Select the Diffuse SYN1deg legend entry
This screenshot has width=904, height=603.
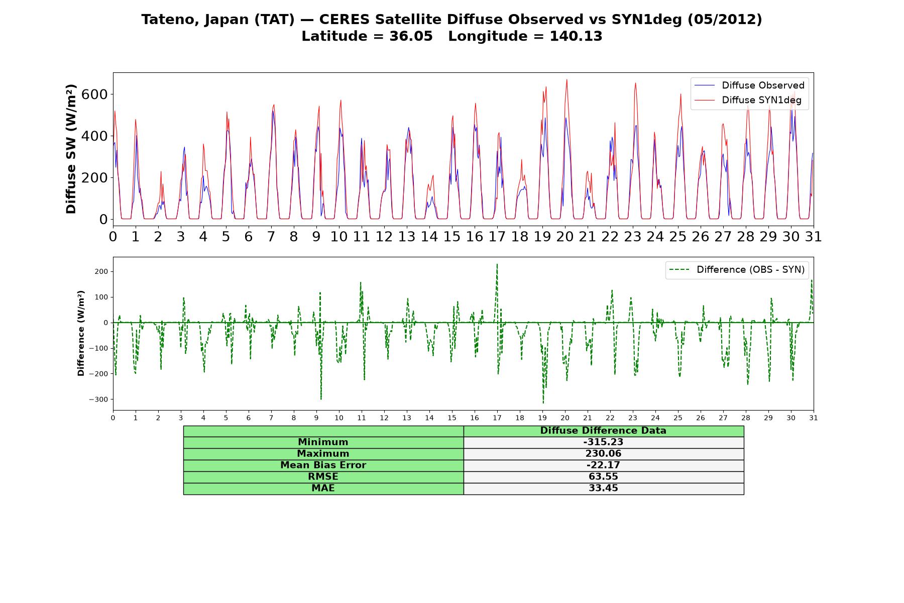click(x=748, y=100)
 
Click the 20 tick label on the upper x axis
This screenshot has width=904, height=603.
click(x=565, y=237)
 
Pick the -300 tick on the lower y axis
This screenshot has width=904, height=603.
click(x=99, y=399)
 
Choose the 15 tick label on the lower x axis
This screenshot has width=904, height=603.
click(x=452, y=418)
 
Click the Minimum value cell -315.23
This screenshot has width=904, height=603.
click(x=603, y=442)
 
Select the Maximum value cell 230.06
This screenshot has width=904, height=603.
click(x=603, y=454)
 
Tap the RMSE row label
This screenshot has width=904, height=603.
click(x=323, y=477)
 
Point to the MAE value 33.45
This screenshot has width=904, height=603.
click(x=603, y=488)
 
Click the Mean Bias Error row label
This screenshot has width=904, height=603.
click(x=323, y=465)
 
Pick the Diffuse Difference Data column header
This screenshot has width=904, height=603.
click(x=603, y=431)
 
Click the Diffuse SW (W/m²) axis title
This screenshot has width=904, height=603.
click(x=71, y=149)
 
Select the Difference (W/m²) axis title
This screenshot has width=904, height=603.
click(x=81, y=334)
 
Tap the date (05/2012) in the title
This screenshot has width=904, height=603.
click(x=725, y=20)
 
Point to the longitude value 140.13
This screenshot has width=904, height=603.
click(x=576, y=36)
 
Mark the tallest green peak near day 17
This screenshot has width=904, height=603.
click(x=497, y=264)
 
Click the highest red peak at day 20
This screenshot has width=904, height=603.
click(x=567, y=79)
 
